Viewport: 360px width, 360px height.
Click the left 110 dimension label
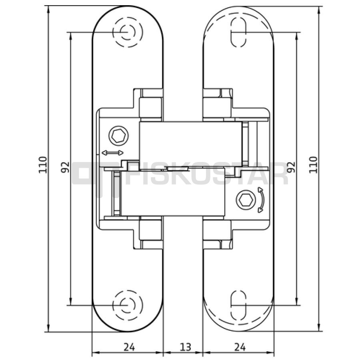point(43,165)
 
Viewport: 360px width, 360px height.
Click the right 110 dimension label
point(313,165)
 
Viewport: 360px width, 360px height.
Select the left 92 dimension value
point(65,167)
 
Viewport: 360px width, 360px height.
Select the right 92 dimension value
point(291,167)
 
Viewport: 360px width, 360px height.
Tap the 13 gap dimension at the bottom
point(185,347)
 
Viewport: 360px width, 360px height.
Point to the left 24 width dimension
point(129,347)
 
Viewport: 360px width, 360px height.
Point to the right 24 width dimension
point(240,347)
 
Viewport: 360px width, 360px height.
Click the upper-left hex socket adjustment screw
point(118,136)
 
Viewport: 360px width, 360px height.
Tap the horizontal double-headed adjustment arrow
point(112,153)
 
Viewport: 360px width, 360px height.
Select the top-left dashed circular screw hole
point(128,32)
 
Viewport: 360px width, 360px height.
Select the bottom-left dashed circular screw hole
point(128,305)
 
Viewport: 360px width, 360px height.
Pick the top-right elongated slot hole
point(238,32)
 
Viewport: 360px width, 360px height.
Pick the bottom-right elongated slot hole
point(238,305)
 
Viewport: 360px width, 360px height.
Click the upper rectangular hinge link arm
point(191,146)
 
